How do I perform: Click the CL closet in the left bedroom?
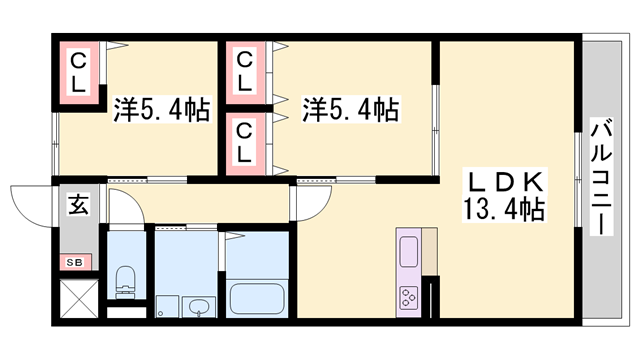(77, 72)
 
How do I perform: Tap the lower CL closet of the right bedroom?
(245, 143)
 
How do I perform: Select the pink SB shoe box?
(75, 262)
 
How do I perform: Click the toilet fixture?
(126, 282)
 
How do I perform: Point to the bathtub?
(259, 298)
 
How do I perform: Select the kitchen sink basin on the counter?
(410, 247)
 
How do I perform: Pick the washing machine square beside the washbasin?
(166, 305)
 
